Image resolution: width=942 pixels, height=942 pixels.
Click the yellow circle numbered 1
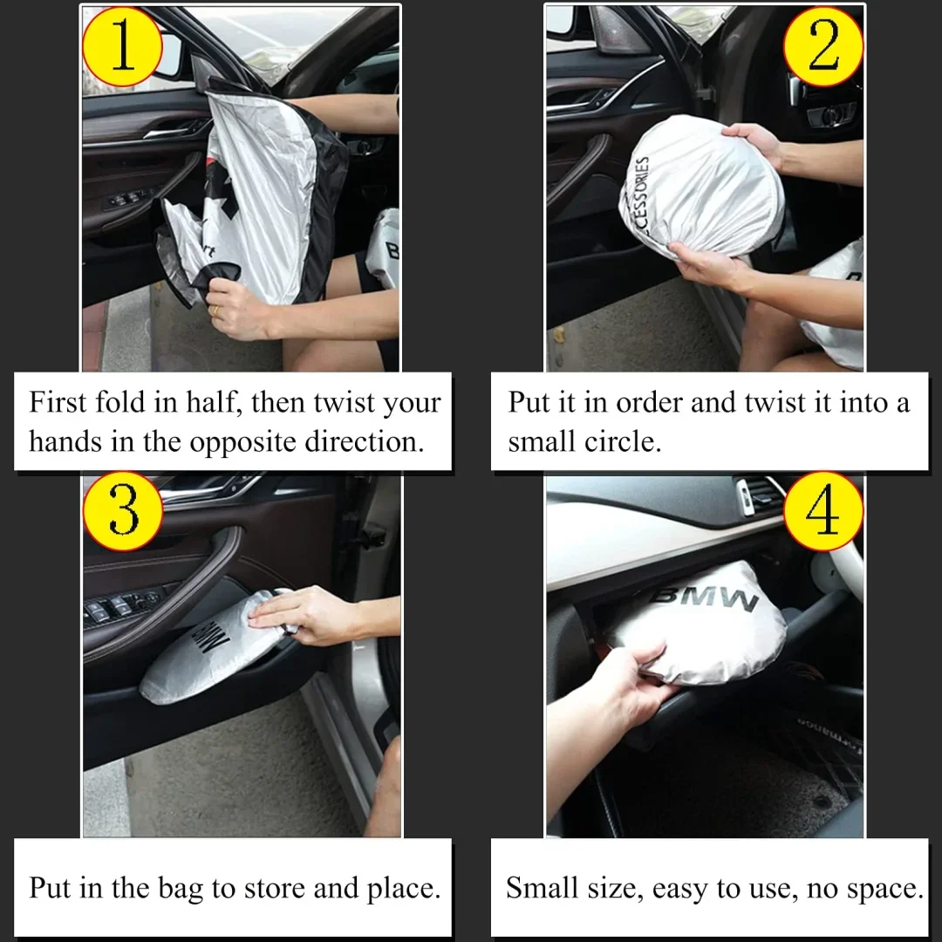pos(122,45)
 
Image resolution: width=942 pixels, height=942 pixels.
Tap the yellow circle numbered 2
pos(823,45)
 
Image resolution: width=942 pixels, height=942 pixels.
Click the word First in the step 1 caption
pos(58,403)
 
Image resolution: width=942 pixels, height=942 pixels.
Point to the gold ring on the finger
pos(215,310)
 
